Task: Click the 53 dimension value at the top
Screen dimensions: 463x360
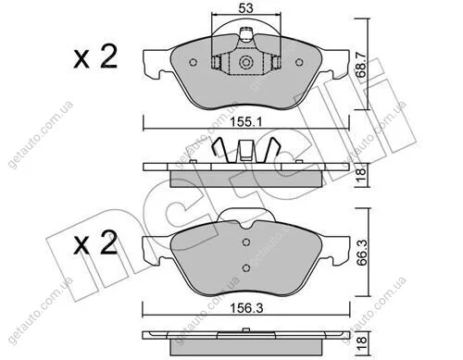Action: coord(246,8)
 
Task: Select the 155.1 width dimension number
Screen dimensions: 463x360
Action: coord(246,122)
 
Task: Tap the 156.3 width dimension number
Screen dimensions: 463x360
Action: coord(246,307)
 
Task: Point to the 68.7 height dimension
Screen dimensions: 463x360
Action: coord(361,64)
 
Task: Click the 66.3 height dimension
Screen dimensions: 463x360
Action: coord(362,252)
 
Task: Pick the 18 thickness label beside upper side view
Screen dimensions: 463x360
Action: coord(361,175)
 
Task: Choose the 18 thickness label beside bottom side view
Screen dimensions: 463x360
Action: coord(361,341)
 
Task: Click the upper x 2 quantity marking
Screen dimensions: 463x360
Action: coord(95,56)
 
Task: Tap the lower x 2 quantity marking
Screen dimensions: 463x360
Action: coord(95,243)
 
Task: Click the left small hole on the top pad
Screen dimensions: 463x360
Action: coord(194,63)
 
